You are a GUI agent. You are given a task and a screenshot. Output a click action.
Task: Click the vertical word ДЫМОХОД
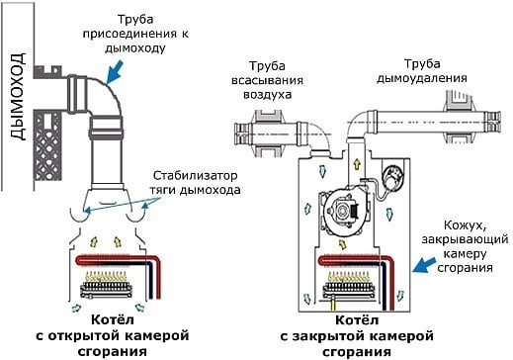tap(17, 96)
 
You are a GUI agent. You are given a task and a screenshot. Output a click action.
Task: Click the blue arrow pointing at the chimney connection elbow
tap(115, 71)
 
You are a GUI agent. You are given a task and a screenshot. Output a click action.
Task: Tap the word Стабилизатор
tap(195, 175)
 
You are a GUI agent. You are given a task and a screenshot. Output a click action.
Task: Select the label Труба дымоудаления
tap(422, 71)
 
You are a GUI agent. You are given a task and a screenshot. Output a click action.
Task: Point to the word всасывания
tap(267, 81)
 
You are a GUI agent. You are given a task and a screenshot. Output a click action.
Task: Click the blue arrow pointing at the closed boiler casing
tap(425, 265)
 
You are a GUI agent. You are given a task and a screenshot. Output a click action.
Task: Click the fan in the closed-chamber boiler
tap(344, 211)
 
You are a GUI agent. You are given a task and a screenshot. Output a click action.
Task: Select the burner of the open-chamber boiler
tap(106, 285)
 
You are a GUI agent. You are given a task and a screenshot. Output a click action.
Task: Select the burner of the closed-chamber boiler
tap(349, 285)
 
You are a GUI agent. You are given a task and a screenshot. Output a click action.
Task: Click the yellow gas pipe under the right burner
tap(333, 303)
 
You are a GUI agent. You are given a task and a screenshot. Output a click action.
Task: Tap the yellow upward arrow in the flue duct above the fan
tap(357, 164)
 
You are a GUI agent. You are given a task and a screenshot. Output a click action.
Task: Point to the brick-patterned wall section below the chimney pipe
tap(47, 146)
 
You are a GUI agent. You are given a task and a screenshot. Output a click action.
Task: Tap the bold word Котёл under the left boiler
tap(113, 319)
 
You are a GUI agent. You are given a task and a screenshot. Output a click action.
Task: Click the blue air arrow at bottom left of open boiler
tap(76, 308)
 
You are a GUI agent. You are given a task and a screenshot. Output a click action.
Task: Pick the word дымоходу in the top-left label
tap(135, 48)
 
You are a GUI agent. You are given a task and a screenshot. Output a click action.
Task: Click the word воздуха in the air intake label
tap(268, 95)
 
